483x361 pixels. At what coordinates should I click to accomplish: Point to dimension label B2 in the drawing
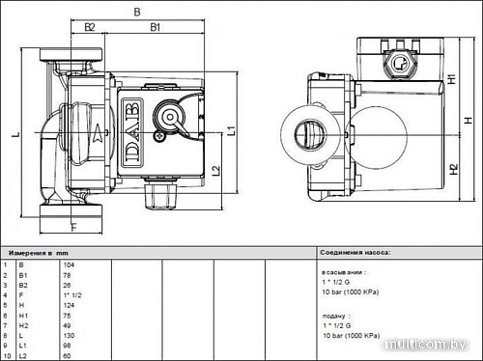point(89,27)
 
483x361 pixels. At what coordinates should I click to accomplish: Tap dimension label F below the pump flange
point(73,228)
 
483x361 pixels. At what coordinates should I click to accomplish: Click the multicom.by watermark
point(433,343)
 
